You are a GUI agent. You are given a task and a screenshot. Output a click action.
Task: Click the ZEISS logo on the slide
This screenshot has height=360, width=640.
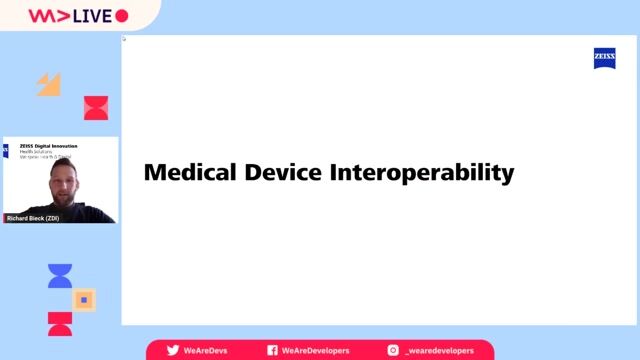click(605, 59)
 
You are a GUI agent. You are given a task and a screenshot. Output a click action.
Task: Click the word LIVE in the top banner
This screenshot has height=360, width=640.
click(89, 16)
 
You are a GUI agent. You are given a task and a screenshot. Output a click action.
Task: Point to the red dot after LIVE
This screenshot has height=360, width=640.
click(122, 16)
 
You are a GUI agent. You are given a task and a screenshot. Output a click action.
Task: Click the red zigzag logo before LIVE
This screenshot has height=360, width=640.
click(46, 16)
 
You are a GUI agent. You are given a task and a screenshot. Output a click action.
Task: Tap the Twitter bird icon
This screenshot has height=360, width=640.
click(173, 350)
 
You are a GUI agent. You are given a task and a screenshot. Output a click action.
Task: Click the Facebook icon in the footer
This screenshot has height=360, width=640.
click(272, 350)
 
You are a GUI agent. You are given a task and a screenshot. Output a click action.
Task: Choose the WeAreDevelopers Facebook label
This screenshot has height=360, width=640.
click(318, 350)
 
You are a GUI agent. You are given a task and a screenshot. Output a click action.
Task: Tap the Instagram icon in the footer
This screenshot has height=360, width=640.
click(393, 350)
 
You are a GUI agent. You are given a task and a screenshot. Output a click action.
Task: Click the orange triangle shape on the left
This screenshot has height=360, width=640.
click(49, 84)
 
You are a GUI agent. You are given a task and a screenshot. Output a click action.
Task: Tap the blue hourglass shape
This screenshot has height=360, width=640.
click(60, 276)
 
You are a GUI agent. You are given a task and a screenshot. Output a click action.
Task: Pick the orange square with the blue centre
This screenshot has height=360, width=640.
click(85, 299)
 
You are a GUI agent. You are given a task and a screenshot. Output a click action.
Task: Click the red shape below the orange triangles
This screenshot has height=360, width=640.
click(96, 108)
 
